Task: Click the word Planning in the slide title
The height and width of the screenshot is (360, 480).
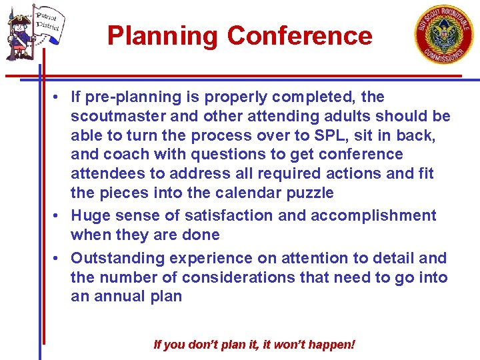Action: click(162, 35)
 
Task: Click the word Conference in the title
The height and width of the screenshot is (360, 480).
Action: click(299, 35)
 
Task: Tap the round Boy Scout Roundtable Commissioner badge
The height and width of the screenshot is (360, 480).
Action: click(444, 34)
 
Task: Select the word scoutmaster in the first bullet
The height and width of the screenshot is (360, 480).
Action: click(116, 116)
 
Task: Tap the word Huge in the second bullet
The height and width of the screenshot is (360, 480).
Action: click(90, 215)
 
